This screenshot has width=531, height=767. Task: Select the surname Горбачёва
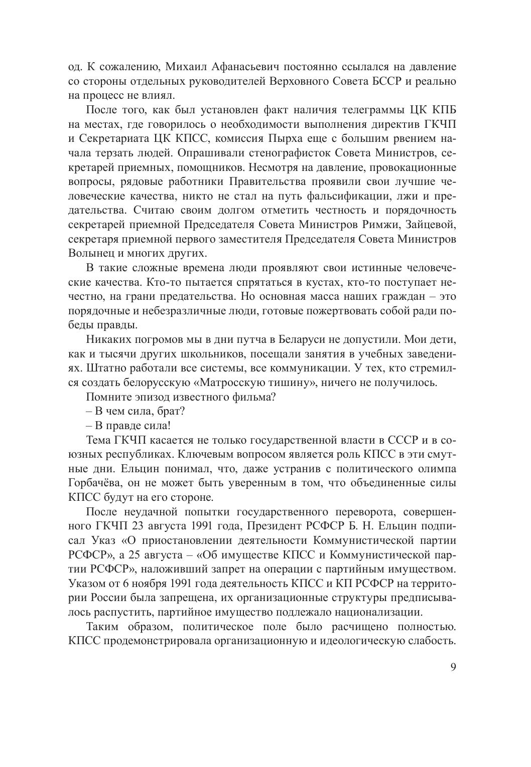pyautogui.click(x=94, y=483)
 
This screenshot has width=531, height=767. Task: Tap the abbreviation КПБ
pyautogui.click(x=441, y=109)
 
